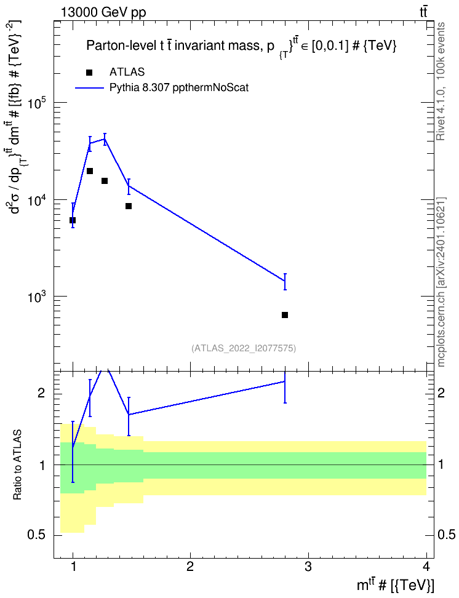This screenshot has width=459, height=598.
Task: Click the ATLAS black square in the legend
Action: tap(89, 73)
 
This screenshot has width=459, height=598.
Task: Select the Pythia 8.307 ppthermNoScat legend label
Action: tap(179, 88)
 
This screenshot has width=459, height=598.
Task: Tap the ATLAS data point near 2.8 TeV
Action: tap(285, 315)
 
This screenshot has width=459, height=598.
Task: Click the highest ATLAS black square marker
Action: tap(90, 171)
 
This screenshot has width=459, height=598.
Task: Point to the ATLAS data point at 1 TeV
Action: tap(73, 220)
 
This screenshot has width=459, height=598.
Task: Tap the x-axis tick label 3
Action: tap(308, 567)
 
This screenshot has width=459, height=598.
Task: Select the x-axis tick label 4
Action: tap(426, 567)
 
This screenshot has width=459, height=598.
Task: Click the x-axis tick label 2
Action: tap(190, 567)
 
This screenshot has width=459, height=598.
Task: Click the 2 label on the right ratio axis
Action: tap(441, 393)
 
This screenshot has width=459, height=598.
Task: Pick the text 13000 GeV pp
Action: tap(103, 12)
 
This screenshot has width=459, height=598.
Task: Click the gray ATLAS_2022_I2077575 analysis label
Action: tap(244, 348)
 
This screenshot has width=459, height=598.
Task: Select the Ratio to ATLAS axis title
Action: tap(17, 464)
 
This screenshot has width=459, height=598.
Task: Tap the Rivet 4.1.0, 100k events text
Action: tap(441, 81)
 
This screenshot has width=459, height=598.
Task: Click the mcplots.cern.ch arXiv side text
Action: tap(441, 282)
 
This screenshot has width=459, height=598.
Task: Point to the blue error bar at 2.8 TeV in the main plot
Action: tap(285, 282)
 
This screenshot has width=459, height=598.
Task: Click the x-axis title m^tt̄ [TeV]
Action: tap(395, 586)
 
